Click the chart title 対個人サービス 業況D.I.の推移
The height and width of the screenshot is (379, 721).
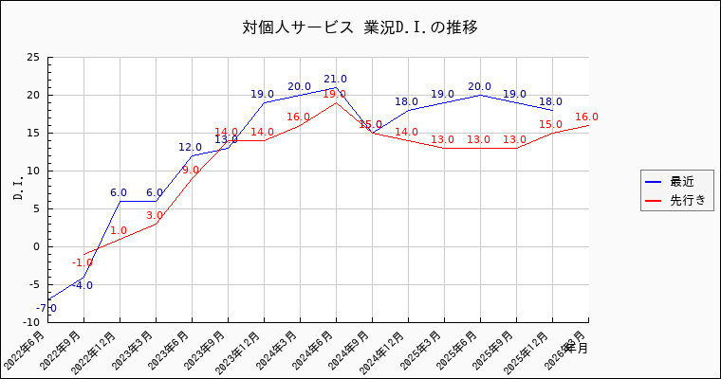point(360,27)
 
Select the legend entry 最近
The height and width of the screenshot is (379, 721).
point(682,181)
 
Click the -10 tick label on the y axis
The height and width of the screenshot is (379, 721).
point(31,322)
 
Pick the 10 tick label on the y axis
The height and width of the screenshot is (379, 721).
point(34,171)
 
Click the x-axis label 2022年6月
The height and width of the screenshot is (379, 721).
point(28,351)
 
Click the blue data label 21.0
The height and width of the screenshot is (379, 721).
point(336,80)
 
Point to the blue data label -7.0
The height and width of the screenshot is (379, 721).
point(46,308)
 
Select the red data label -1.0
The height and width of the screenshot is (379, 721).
point(83,262)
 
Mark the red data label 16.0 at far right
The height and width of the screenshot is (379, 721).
point(586,117)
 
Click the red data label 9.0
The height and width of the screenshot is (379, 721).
point(191,171)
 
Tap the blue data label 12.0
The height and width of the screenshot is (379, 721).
point(191,148)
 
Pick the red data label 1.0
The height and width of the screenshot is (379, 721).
point(119,231)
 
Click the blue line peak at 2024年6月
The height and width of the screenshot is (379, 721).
point(336,87)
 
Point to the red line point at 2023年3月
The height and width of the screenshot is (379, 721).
point(156,224)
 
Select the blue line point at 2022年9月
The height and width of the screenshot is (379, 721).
point(83,277)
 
